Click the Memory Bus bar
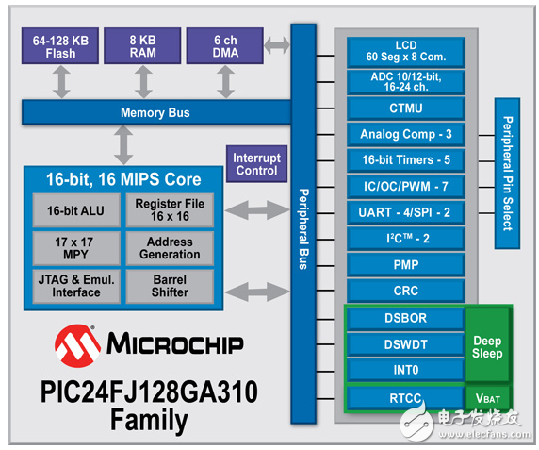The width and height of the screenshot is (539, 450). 155,113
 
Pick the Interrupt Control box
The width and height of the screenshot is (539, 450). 255,164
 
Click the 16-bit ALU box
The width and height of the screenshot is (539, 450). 75,209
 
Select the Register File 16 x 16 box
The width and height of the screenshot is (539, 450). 170,209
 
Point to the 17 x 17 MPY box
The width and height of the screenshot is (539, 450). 75,247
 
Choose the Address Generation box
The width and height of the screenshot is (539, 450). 170,247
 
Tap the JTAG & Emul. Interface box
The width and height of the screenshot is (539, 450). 75,285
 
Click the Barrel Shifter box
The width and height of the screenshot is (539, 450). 170,285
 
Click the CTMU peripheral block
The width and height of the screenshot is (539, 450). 404,108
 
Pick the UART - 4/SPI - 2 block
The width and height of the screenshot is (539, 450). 404,213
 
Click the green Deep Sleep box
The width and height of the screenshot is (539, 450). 487,346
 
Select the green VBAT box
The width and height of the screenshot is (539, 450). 487,398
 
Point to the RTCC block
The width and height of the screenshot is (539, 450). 404,398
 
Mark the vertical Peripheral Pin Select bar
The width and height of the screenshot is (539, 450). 505,173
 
